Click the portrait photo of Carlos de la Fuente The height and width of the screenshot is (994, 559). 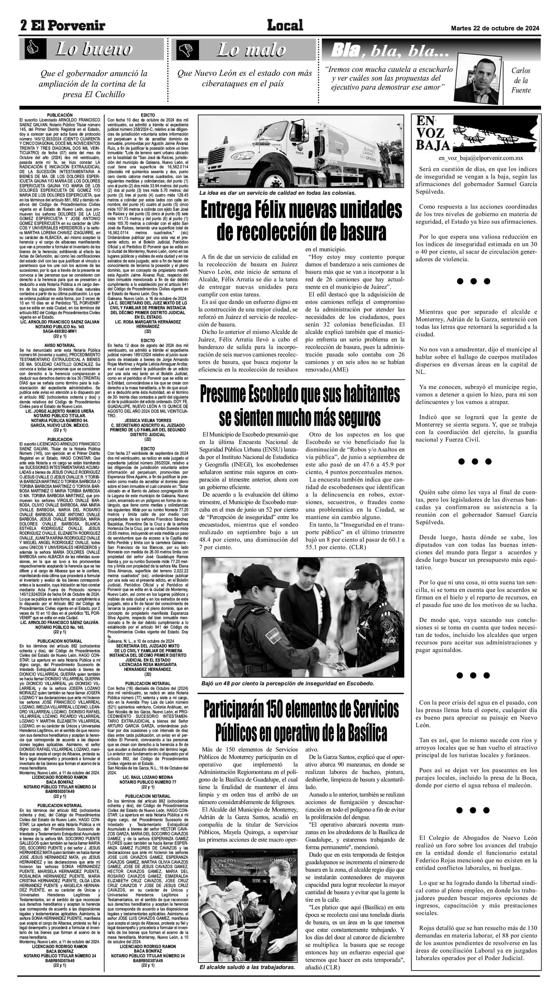(477, 81)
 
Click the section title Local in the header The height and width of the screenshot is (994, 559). (285, 26)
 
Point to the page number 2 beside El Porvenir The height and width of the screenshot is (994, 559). (24, 26)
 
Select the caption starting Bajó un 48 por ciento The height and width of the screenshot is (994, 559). (287, 684)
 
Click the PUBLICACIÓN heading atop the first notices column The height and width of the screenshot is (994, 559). (60, 115)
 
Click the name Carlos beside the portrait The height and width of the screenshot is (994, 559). (521, 71)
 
